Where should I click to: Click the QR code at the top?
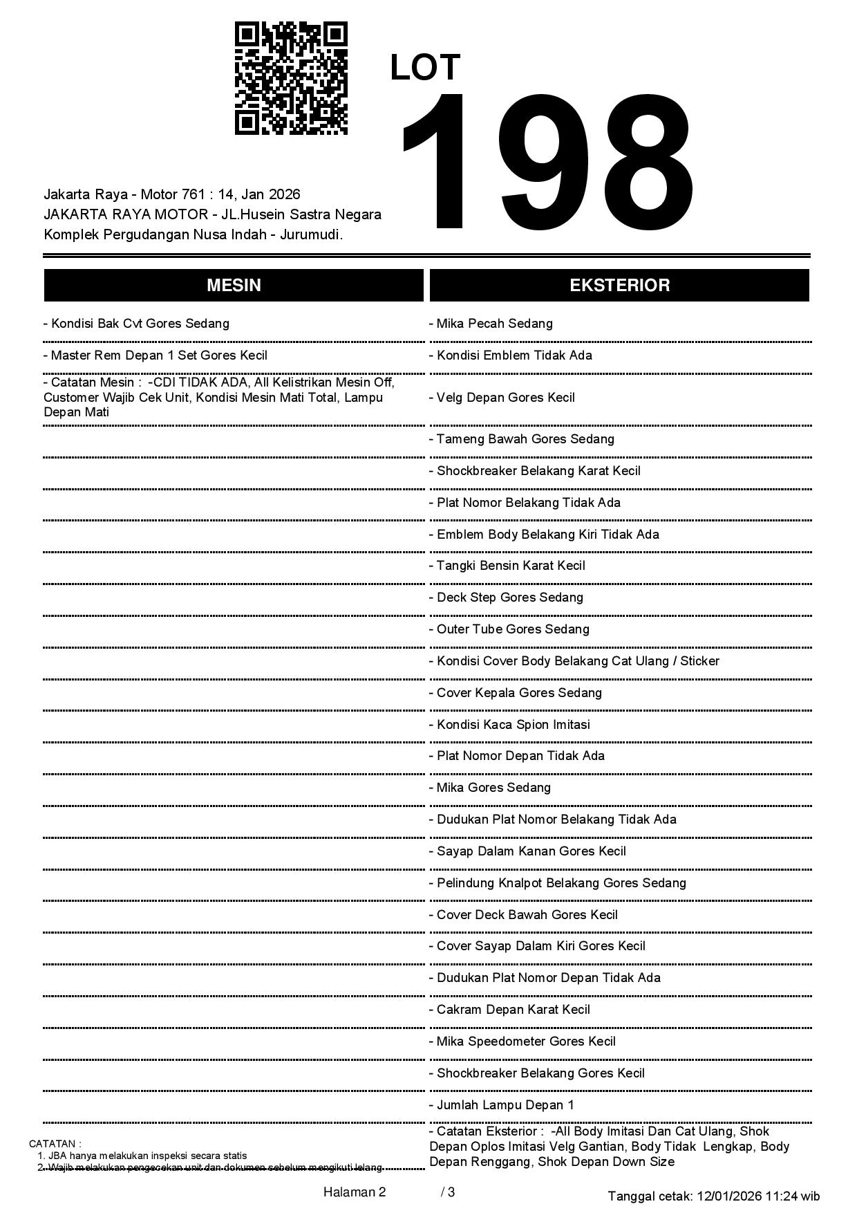(291, 78)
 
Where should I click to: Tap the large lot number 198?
(546, 163)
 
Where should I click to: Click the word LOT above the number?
(425, 68)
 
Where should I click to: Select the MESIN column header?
(234, 286)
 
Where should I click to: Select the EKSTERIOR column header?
(619, 286)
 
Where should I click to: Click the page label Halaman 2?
(354, 1192)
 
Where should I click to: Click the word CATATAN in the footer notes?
(54, 1144)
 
